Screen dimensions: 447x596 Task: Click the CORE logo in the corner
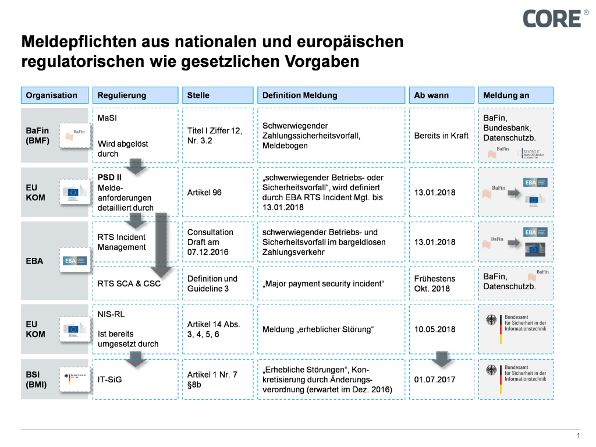[x=551, y=18]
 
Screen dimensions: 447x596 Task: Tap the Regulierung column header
[x=135, y=95]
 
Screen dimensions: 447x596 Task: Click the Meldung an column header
[x=515, y=95]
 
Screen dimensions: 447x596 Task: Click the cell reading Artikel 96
[x=204, y=193]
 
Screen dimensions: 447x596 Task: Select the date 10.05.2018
[x=434, y=329]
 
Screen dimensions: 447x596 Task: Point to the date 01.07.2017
[x=434, y=379]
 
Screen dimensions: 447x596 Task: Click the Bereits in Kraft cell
[x=441, y=136]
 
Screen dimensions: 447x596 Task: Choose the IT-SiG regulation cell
[x=109, y=379]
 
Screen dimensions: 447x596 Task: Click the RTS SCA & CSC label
[x=129, y=283]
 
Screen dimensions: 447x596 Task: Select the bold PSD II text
[x=109, y=177]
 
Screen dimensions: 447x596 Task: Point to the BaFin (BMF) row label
[x=38, y=136]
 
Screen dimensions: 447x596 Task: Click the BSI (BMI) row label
[x=37, y=379]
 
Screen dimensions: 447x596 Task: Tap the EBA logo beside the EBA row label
[x=74, y=261]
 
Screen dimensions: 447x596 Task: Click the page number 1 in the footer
[x=578, y=436]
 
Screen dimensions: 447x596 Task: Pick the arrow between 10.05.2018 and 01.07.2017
[x=442, y=359]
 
